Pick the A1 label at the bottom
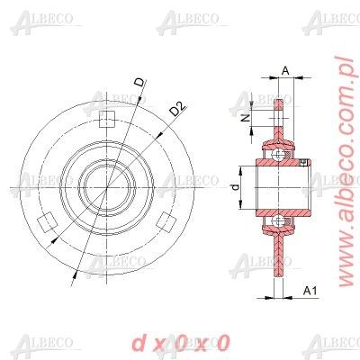pos(310,290)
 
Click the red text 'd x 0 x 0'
pos(180,342)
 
